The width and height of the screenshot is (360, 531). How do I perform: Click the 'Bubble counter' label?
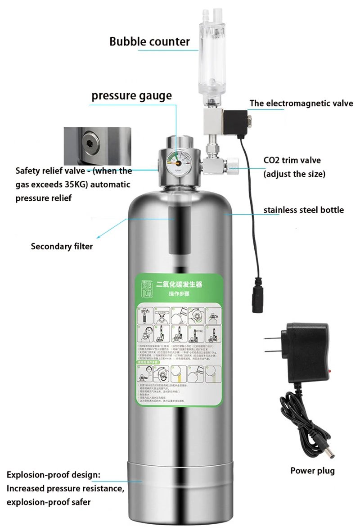[x=149, y=42]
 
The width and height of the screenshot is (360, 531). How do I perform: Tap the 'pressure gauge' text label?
[x=131, y=95]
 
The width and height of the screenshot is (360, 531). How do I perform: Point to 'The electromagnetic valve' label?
[x=301, y=103]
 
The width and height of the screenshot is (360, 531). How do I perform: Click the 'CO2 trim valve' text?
[x=292, y=160]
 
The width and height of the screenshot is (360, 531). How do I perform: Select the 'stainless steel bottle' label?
[x=303, y=210]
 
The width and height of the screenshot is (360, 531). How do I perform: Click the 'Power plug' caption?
[x=312, y=471]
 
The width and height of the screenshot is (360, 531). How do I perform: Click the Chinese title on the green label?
[x=179, y=285]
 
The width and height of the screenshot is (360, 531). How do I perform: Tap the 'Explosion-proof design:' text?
[x=54, y=475]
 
